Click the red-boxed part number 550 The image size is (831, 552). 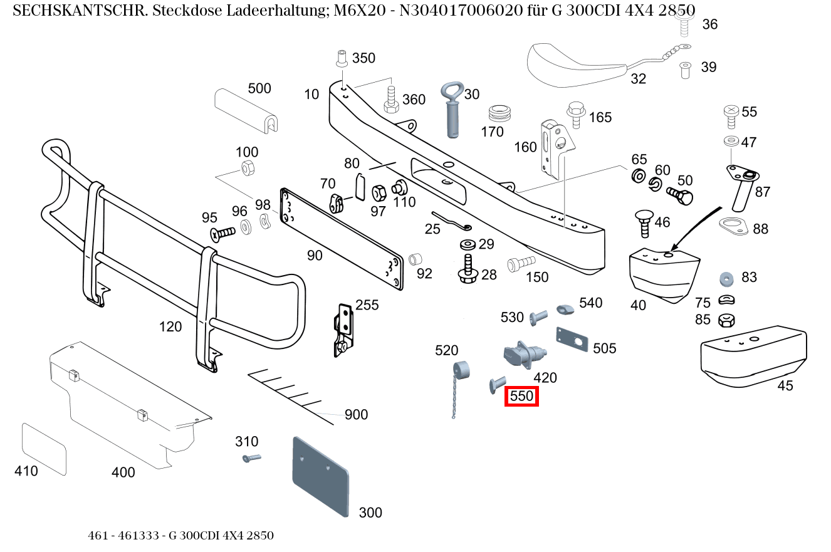click(521, 396)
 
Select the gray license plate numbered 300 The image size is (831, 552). click(320, 476)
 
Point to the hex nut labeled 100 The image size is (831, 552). click(246, 168)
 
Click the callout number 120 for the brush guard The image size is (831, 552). click(170, 326)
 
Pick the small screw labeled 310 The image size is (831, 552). click(251, 458)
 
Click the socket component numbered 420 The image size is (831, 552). click(524, 353)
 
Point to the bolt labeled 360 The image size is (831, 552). click(391, 100)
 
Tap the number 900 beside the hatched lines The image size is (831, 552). click(356, 415)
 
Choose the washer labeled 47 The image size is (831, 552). click(731, 141)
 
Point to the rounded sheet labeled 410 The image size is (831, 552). click(44, 447)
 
